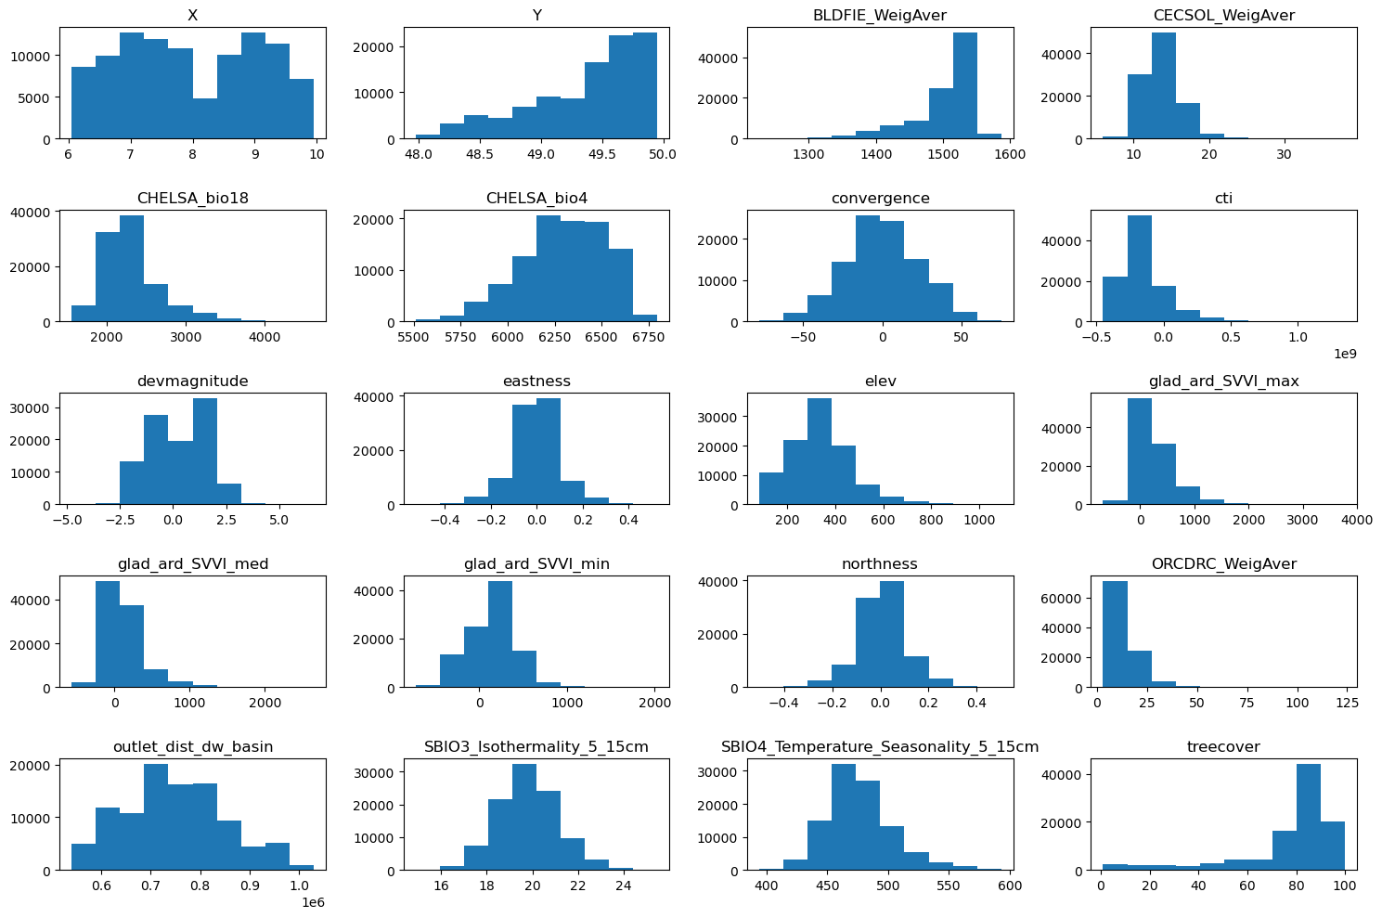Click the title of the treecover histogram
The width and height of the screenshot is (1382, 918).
[x=1223, y=746]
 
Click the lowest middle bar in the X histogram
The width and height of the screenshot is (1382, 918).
[x=205, y=119]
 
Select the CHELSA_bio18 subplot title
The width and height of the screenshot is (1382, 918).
[x=193, y=198]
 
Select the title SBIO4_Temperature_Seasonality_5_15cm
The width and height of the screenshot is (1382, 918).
[x=880, y=746]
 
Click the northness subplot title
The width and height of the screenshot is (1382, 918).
[x=880, y=563]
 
